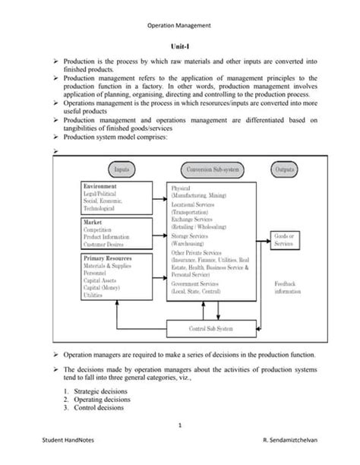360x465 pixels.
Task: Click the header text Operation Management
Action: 179,24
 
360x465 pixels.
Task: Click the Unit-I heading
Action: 179,46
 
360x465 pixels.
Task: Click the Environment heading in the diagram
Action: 100,186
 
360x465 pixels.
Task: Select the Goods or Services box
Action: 283,240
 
